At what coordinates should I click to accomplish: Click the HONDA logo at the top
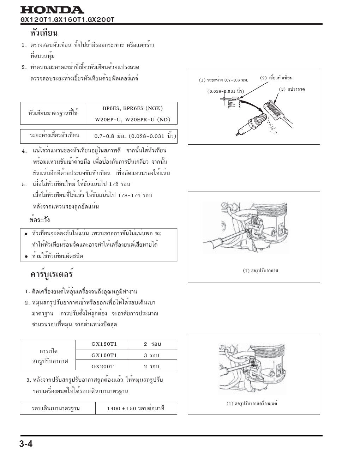[x=52, y=10]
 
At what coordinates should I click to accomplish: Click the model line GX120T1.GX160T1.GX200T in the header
[x=67, y=20]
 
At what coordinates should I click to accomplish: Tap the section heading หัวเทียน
[x=44, y=33]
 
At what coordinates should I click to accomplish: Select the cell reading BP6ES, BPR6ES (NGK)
[x=132, y=108]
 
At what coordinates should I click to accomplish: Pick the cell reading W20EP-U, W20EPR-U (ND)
[x=132, y=120]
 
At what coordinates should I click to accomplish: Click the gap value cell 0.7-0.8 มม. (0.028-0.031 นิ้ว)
[x=135, y=136]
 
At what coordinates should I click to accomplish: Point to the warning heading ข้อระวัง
[x=40, y=220]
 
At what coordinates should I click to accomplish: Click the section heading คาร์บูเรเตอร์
[x=52, y=274]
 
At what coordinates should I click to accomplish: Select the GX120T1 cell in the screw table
[x=104, y=344]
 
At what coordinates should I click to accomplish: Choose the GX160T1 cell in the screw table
[x=104, y=355]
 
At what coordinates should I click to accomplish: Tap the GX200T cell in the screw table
[x=102, y=366]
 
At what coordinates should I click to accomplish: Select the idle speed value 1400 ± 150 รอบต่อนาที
[x=136, y=409]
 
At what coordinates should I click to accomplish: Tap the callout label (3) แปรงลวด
[x=292, y=89]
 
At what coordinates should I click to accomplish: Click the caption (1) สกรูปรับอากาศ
[x=260, y=271]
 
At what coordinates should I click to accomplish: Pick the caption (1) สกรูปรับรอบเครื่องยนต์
[x=252, y=404]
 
